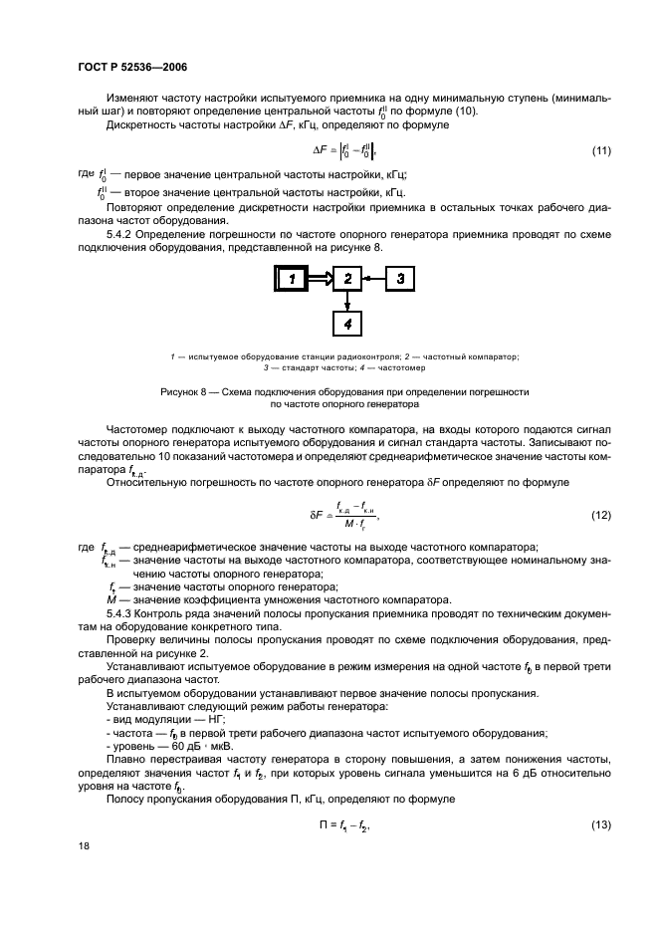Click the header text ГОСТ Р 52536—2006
[x=132, y=66]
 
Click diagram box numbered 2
[x=347, y=280]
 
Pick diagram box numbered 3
[x=399, y=280]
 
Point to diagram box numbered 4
[x=347, y=324]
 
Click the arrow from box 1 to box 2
[x=321, y=280]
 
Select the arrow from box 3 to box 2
[x=373, y=280]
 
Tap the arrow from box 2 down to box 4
[x=347, y=302]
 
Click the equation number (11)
[x=600, y=150]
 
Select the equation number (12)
[x=600, y=516]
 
